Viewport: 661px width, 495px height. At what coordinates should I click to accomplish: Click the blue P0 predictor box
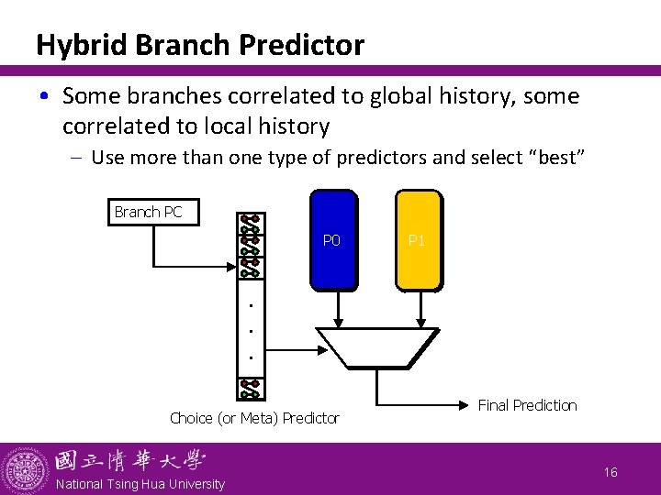click(x=333, y=240)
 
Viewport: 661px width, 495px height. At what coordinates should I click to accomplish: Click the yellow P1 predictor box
click(x=418, y=240)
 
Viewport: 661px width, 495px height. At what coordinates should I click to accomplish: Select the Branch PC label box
click(x=148, y=212)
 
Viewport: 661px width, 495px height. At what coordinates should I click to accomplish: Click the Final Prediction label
click(x=527, y=405)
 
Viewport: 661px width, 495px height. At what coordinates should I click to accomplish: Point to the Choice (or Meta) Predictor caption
click(x=254, y=418)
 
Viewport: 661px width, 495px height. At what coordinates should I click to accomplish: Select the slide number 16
click(x=611, y=472)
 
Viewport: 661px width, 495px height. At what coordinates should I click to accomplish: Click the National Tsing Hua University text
click(x=140, y=484)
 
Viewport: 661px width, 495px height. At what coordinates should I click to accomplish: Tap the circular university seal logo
click(x=25, y=469)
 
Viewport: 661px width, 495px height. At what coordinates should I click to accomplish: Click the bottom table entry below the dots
click(x=250, y=389)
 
